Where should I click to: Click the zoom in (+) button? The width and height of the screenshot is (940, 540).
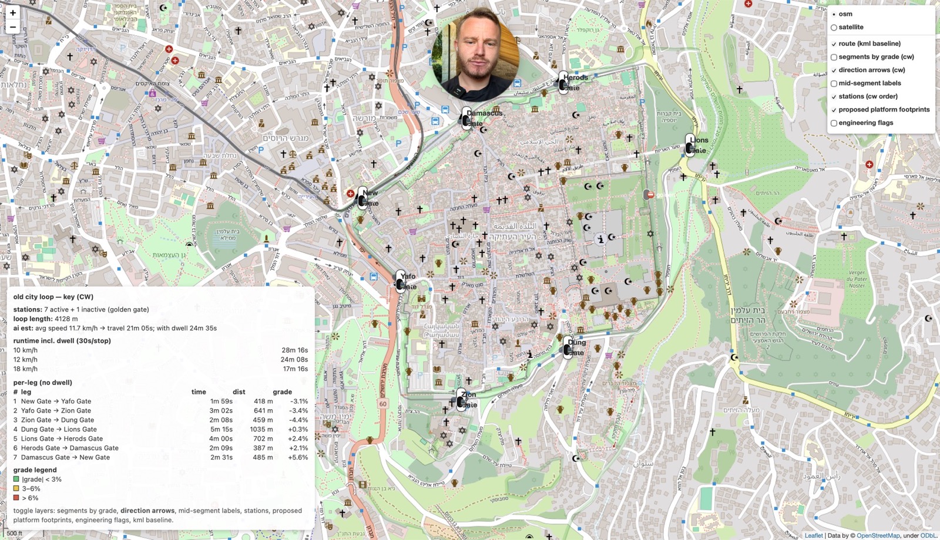(12, 13)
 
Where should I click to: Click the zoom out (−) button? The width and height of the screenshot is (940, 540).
(12, 27)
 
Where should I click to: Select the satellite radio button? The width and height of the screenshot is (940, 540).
(834, 28)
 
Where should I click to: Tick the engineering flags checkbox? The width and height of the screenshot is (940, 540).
(834, 123)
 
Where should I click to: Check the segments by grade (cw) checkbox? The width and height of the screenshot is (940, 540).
(834, 57)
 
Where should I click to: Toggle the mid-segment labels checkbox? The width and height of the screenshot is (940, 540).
(834, 83)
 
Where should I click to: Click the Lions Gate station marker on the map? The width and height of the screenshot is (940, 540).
(690, 146)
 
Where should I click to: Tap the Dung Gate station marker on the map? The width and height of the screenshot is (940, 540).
(568, 347)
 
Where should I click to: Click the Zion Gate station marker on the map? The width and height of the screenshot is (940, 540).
(461, 400)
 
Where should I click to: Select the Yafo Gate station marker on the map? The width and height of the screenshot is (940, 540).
(401, 281)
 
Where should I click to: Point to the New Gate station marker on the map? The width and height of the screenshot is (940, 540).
(362, 198)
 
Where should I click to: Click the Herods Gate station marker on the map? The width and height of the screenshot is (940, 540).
(563, 83)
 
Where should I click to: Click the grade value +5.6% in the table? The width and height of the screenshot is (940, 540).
(298, 457)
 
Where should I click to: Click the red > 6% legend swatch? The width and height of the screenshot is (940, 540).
(16, 498)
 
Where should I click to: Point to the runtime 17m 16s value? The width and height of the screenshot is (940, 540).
(295, 369)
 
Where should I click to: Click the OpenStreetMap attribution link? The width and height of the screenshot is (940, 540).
(878, 535)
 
